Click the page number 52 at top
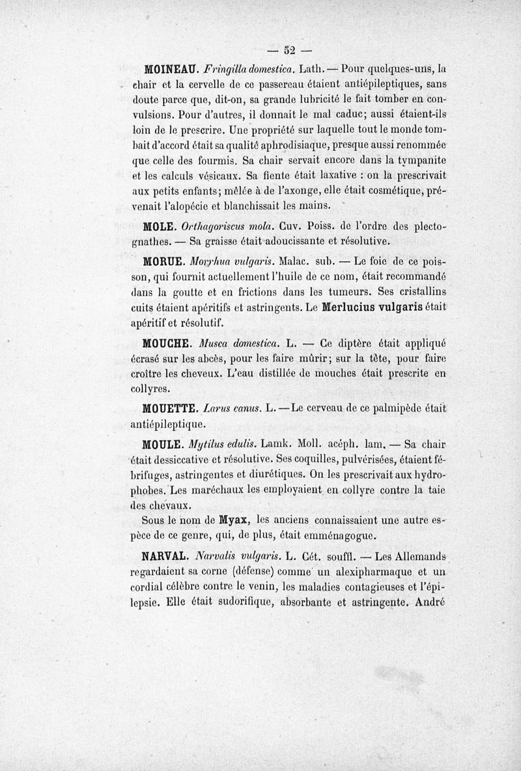click(291, 49)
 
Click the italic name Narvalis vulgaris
click(238, 557)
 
